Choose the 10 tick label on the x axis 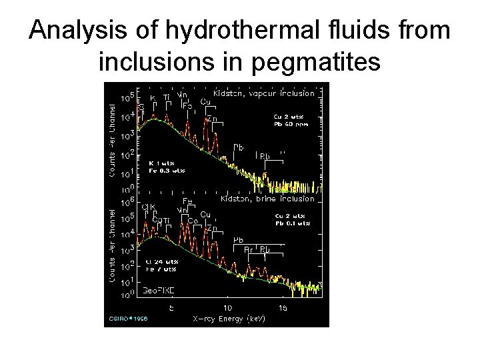pyautogui.click(x=227, y=308)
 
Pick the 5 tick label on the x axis pyautogui.click(x=171, y=308)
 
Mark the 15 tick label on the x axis pyautogui.click(x=283, y=308)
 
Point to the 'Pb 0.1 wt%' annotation pyautogui.click(x=291, y=224)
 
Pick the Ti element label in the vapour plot pyautogui.click(x=167, y=97)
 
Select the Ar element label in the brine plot pyautogui.click(x=248, y=249)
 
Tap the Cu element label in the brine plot pyautogui.click(x=206, y=213)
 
